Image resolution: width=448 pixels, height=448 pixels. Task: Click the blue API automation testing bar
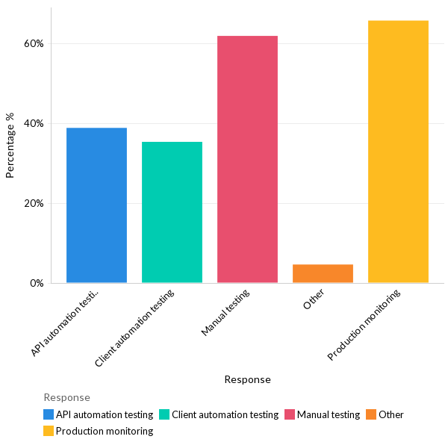(x=96, y=205)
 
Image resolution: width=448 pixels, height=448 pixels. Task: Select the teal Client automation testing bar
(x=172, y=212)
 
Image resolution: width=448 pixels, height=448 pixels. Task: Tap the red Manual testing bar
(x=247, y=159)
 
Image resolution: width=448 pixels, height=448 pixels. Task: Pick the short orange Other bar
(x=323, y=273)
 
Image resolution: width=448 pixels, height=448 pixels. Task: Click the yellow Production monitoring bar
(x=398, y=152)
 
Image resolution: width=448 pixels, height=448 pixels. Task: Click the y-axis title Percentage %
(x=10, y=145)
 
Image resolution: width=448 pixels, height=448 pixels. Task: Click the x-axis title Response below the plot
(x=247, y=379)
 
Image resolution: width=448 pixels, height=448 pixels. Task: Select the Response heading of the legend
(x=66, y=397)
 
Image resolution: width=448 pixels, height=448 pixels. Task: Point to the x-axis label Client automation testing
(x=135, y=328)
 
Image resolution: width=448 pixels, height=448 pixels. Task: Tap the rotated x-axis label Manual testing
(x=225, y=312)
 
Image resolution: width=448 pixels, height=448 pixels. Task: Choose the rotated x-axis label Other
(x=314, y=299)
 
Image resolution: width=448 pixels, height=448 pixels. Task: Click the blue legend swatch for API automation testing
(x=49, y=414)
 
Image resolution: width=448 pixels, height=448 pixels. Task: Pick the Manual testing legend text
(x=329, y=414)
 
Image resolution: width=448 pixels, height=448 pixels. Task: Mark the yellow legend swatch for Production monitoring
(x=49, y=431)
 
